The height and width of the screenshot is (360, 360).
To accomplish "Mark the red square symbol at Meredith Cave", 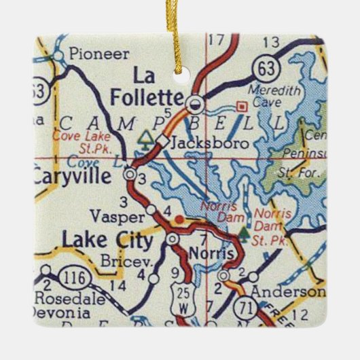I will tap(240, 106).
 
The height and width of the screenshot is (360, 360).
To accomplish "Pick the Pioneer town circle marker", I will tap(58, 54).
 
